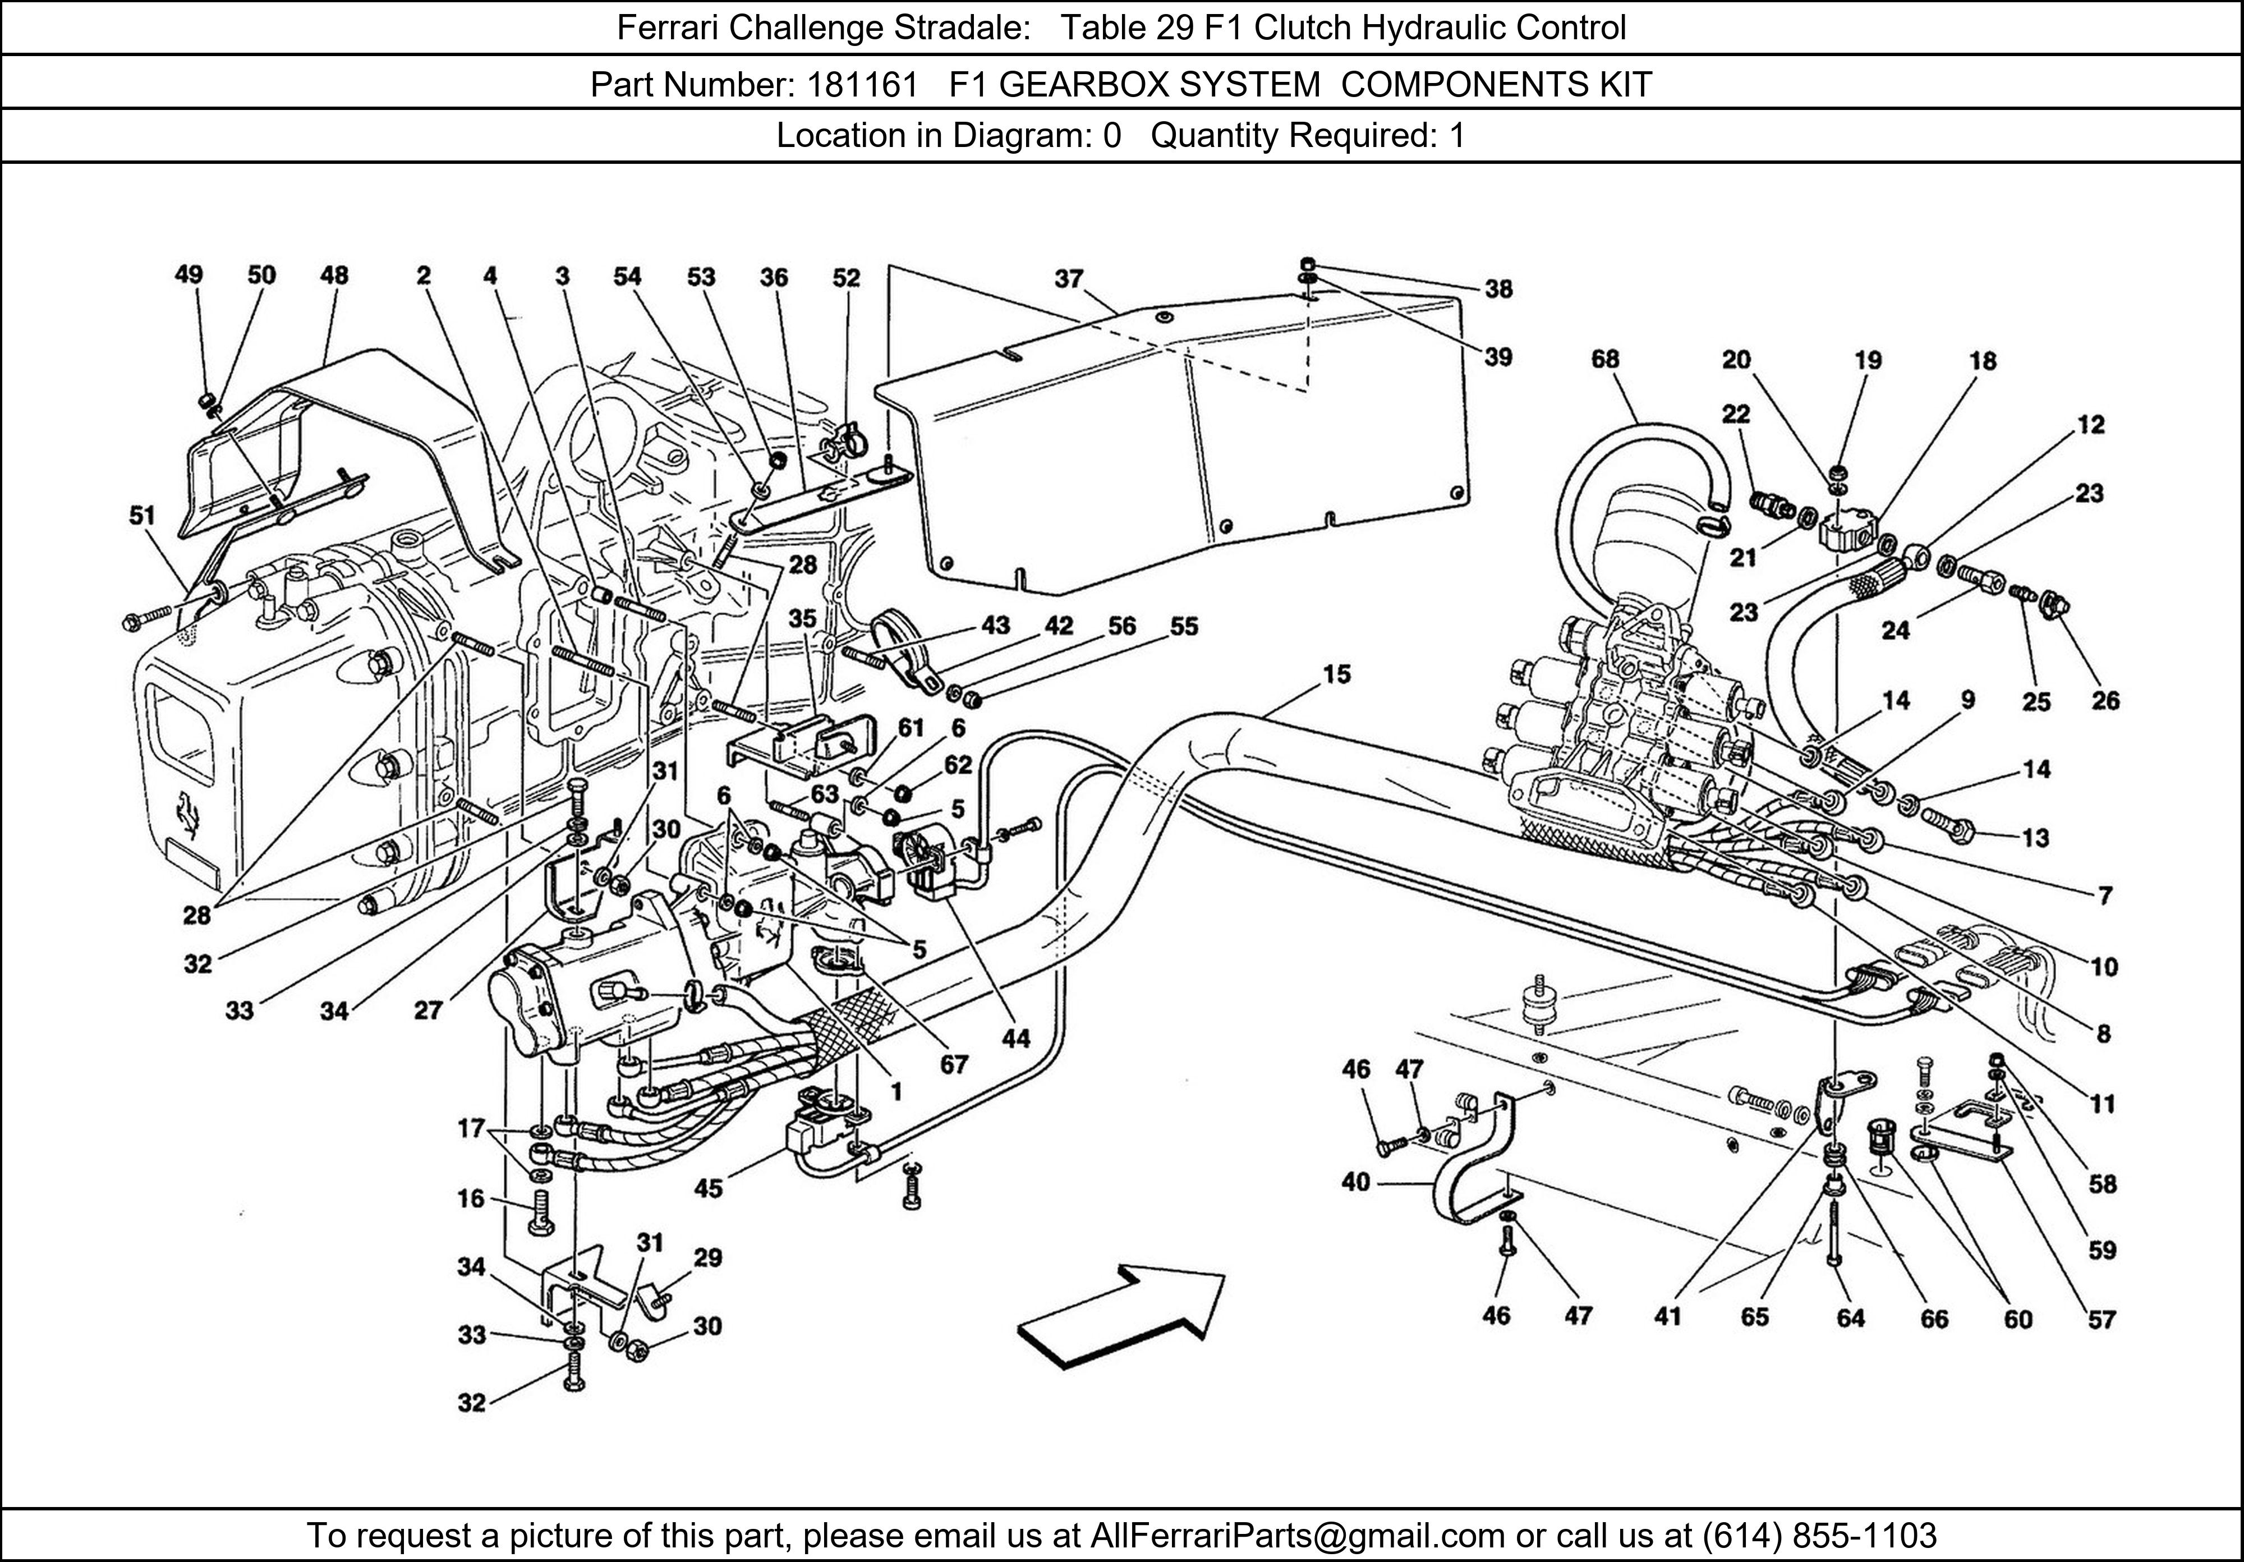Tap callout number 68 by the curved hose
coord(1605,360)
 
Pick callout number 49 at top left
coord(188,275)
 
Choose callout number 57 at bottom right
coord(2102,1320)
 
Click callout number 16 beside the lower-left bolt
coord(471,1198)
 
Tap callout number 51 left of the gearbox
coord(142,515)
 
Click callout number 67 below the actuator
coord(954,1064)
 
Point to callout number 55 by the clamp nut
coord(1184,627)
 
